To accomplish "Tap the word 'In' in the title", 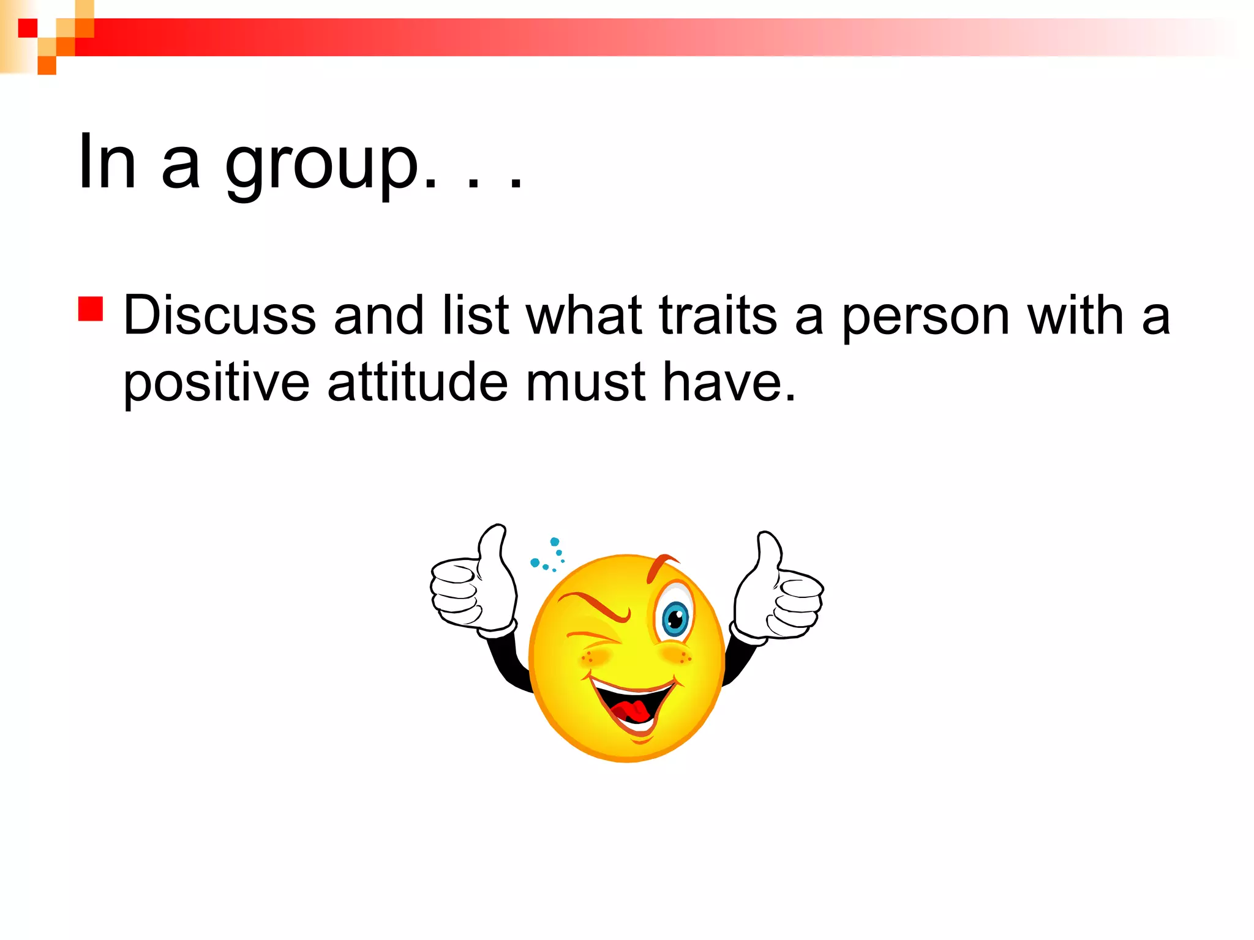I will point(107,162).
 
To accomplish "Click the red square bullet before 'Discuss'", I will point(91,309).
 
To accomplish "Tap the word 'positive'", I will point(217,384).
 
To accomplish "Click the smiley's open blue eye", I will point(675,618).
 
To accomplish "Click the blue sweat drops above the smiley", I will point(548,555).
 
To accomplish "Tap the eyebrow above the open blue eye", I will point(661,566).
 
